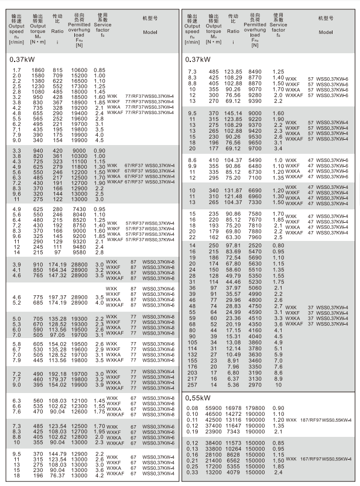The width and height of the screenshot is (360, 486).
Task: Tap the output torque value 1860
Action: [37, 70]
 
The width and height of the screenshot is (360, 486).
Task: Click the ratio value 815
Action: [57, 70]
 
